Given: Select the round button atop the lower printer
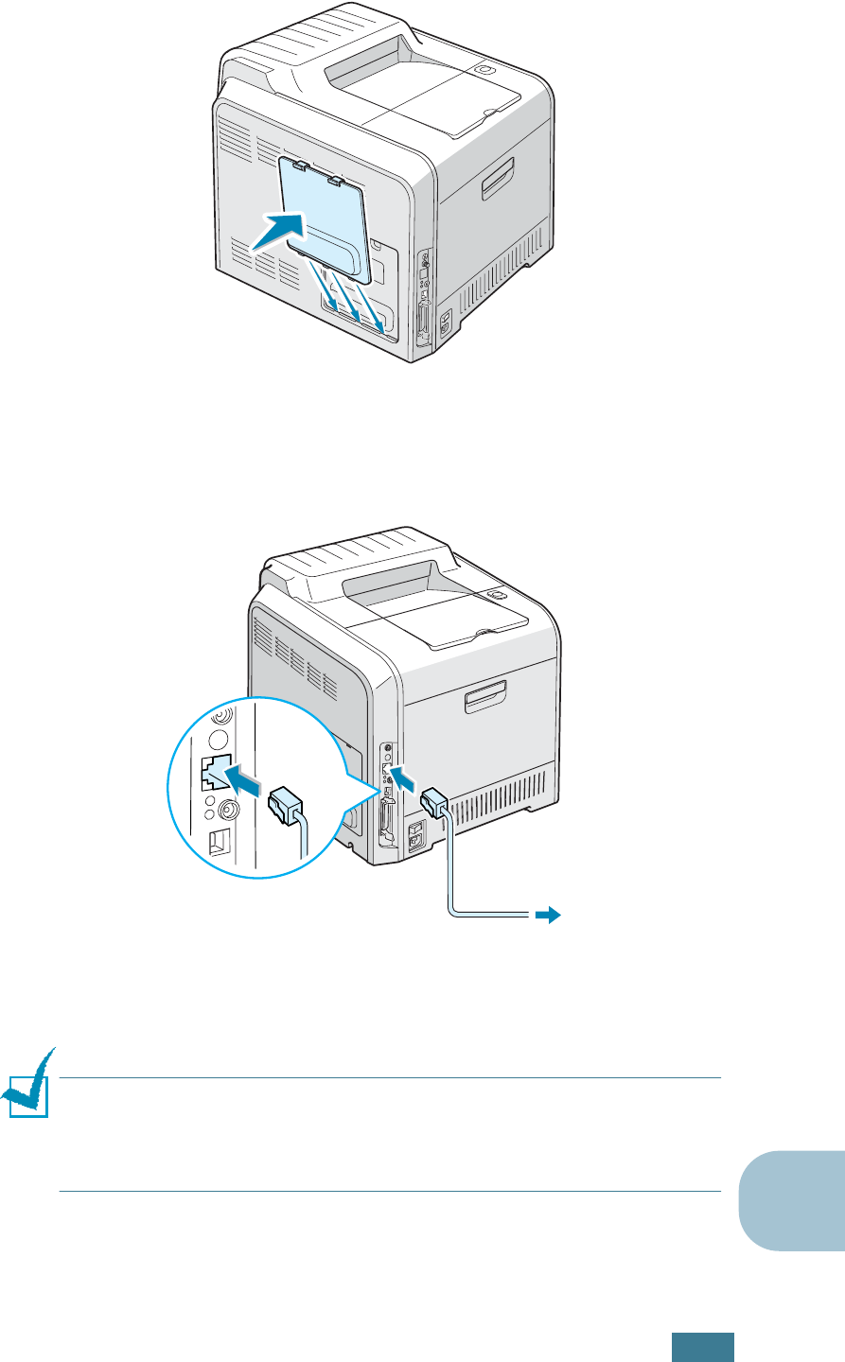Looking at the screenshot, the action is click(x=495, y=595).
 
